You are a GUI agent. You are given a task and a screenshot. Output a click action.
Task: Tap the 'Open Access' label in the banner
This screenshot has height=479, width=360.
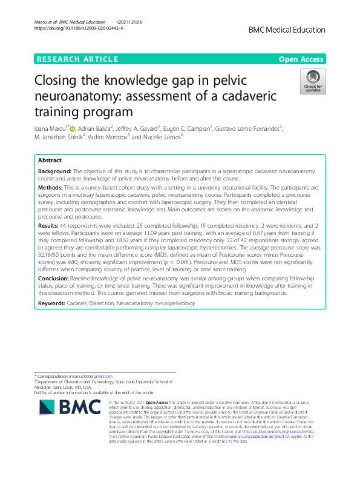[x=303, y=59]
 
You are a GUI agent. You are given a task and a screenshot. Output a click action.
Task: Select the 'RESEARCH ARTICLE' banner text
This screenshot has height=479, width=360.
[x=77, y=59]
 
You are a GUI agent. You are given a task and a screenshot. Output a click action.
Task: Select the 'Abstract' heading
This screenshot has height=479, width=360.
[x=50, y=160]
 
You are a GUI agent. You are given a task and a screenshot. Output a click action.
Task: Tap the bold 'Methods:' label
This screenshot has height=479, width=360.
[x=51, y=189]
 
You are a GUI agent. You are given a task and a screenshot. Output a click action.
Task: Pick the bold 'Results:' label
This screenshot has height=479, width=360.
[x=50, y=223]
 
